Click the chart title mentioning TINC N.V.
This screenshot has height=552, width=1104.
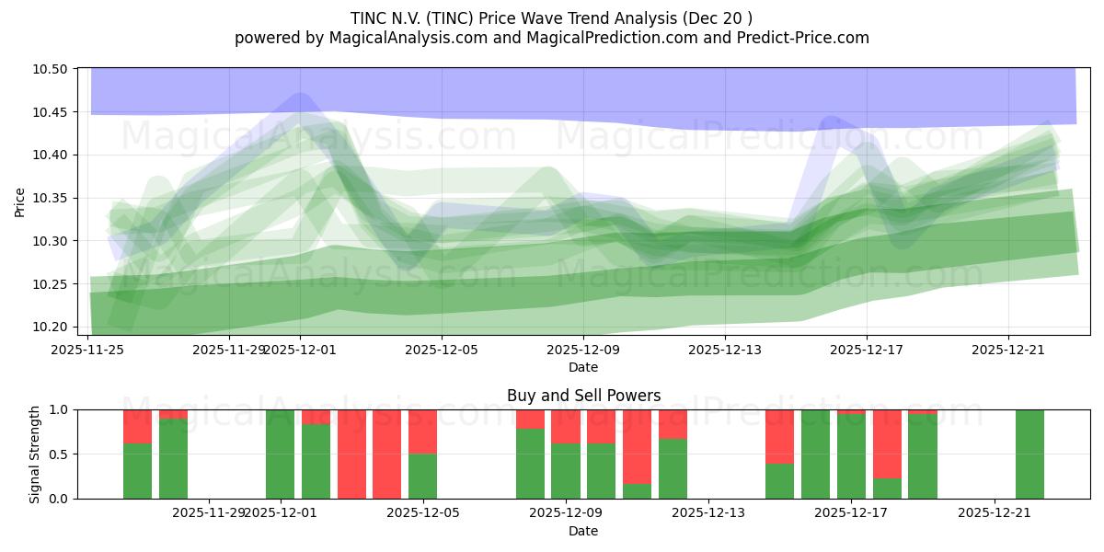[551, 17]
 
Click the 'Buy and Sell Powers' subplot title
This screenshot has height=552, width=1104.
[583, 396]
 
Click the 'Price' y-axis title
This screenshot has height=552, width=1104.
[20, 201]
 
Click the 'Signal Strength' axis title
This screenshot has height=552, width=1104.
[34, 454]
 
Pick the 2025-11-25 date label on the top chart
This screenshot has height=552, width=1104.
[88, 350]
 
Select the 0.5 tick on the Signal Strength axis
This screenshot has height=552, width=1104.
[63, 454]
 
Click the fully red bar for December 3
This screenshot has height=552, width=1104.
[351, 454]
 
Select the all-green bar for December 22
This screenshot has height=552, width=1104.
[1029, 454]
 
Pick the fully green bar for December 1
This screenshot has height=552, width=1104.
[280, 454]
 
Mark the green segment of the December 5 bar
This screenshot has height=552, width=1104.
[422, 477]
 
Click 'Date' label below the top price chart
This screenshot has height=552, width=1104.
[583, 367]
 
